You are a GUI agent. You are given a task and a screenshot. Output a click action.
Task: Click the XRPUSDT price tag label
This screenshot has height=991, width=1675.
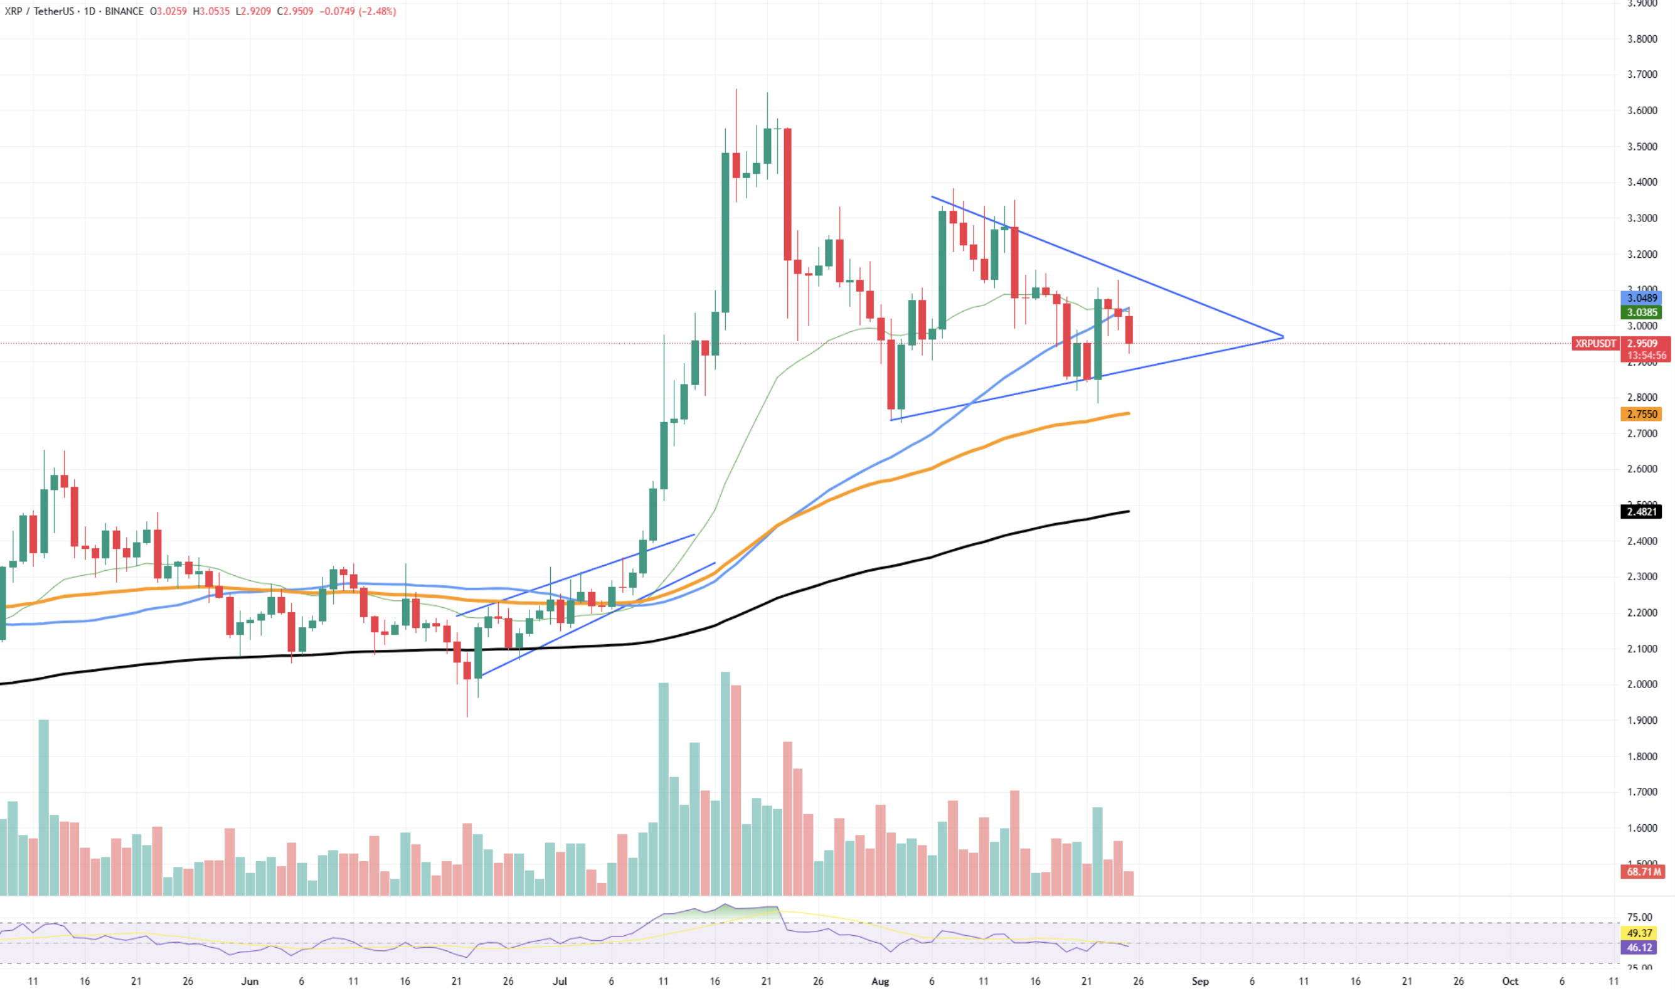pyautogui.click(x=1595, y=343)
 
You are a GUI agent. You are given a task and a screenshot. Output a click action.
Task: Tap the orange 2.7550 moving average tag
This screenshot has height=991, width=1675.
pyautogui.click(x=1642, y=414)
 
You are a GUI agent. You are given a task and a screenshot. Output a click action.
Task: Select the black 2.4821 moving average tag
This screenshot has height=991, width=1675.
pyautogui.click(x=1642, y=512)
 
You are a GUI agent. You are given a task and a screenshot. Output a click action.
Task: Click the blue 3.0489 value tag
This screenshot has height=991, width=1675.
pyautogui.click(x=1642, y=298)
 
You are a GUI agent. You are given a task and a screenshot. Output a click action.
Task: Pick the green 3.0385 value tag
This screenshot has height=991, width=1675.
pyautogui.click(x=1642, y=312)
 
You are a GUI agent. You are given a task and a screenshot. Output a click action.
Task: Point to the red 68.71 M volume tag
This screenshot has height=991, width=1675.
pyautogui.click(x=1643, y=871)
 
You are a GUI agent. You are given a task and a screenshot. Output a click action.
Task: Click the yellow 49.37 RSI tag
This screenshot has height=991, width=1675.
pyautogui.click(x=1640, y=933)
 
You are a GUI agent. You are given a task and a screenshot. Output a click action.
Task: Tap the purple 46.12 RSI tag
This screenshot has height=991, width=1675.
pyautogui.click(x=1640, y=947)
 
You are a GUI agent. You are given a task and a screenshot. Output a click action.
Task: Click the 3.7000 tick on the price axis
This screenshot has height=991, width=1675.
pyautogui.click(x=1642, y=74)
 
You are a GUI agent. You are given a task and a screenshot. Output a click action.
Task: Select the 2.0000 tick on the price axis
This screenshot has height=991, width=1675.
pyautogui.click(x=1642, y=684)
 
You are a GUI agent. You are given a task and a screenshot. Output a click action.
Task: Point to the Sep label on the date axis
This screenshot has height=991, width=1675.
pyautogui.click(x=1200, y=981)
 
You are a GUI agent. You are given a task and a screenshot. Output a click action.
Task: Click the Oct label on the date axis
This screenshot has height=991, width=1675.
pyautogui.click(x=1510, y=981)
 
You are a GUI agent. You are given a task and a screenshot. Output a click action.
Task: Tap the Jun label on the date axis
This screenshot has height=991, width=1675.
pyautogui.click(x=249, y=981)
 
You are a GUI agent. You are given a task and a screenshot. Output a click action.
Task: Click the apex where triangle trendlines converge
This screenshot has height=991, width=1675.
pyautogui.click(x=1283, y=337)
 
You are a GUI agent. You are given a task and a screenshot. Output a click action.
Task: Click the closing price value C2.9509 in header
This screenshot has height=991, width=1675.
pyautogui.click(x=295, y=11)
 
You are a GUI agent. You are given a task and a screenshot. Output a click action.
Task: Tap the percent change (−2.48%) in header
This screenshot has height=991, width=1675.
pyautogui.click(x=376, y=11)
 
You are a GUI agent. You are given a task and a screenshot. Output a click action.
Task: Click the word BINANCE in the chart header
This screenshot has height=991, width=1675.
pyautogui.click(x=124, y=11)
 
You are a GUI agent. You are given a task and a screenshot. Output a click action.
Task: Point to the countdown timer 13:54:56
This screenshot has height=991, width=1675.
pyautogui.click(x=1646, y=355)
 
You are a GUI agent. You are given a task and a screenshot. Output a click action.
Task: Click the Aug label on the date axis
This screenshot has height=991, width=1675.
pyautogui.click(x=880, y=981)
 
